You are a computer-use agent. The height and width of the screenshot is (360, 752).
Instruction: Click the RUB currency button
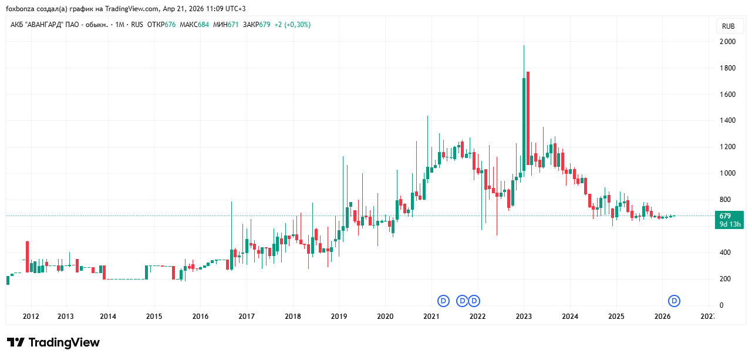(729, 26)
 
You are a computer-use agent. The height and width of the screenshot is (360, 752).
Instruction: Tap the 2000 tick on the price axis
(729, 42)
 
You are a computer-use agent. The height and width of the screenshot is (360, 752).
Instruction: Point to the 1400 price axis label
(729, 120)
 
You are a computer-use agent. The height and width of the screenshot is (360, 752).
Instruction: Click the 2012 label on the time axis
(31, 317)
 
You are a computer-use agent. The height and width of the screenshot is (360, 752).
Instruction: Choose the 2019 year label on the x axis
(338, 317)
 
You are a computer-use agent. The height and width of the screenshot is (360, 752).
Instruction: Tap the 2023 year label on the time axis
(524, 317)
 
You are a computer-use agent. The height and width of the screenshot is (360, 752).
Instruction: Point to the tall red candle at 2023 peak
(528, 117)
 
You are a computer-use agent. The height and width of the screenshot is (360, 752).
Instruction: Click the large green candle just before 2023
(524, 123)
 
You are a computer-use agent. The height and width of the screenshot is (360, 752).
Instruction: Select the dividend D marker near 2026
(675, 301)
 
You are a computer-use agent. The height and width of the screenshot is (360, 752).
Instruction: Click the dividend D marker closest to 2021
(443, 301)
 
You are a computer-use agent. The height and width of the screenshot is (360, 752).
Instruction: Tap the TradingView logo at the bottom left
(53, 342)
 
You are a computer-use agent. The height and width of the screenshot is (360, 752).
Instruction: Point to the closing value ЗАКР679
(257, 25)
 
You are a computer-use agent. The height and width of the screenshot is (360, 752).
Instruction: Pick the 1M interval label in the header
(120, 25)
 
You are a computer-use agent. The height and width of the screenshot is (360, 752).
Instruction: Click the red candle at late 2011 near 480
(27, 256)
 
